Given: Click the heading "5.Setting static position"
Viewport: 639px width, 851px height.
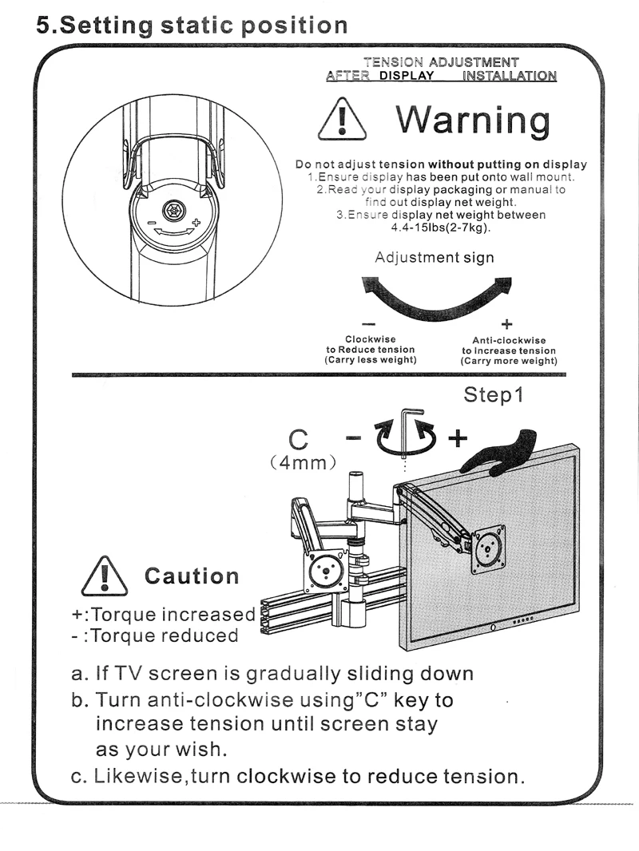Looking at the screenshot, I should pyautogui.click(x=192, y=24).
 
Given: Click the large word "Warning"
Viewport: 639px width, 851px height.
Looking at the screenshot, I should pyautogui.click(x=473, y=121).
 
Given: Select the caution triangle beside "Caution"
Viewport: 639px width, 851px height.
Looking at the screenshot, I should pyautogui.click(x=105, y=576).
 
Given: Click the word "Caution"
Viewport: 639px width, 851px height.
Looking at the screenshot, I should pyautogui.click(x=191, y=576).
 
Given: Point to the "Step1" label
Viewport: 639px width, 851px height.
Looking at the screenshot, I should pyautogui.click(x=494, y=395).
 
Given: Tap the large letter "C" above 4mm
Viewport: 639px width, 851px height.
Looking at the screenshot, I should pyautogui.click(x=298, y=440).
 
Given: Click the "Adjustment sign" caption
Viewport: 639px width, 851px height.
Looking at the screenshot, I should pyautogui.click(x=435, y=258).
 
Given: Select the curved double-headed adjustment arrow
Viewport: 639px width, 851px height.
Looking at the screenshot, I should pyautogui.click(x=435, y=295).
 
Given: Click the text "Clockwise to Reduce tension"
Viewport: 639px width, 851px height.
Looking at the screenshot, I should pyautogui.click(x=370, y=350).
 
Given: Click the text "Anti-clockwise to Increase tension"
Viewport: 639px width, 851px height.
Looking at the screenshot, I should pyautogui.click(x=509, y=350).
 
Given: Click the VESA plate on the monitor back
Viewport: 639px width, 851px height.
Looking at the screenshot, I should pyautogui.click(x=487, y=548).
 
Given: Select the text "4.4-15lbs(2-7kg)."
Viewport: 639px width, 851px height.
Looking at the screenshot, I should pyautogui.click(x=441, y=228).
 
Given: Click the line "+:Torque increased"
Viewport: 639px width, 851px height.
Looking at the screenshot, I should pyautogui.click(x=163, y=615).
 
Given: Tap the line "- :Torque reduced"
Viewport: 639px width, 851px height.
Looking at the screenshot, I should pyautogui.click(x=155, y=635).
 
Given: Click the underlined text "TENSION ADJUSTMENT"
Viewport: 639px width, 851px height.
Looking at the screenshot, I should pyautogui.click(x=441, y=62).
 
